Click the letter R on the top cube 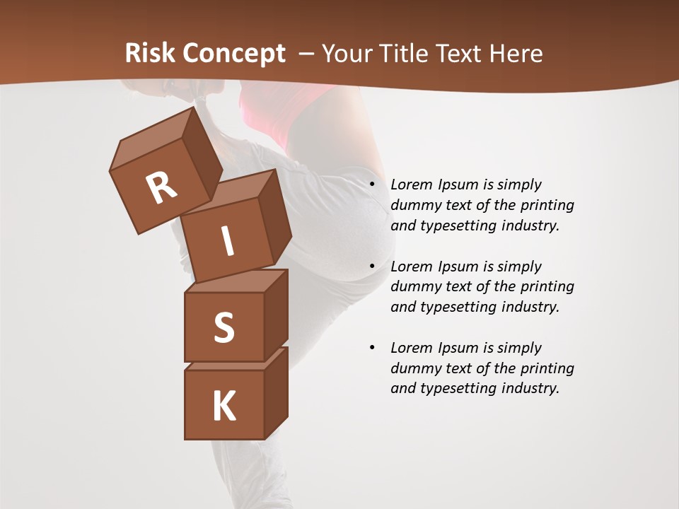(x=161, y=187)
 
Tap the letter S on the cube (x=224, y=327)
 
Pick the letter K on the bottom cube (x=224, y=406)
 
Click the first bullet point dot (x=373, y=185)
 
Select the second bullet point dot (x=373, y=267)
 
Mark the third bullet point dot (x=373, y=348)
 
